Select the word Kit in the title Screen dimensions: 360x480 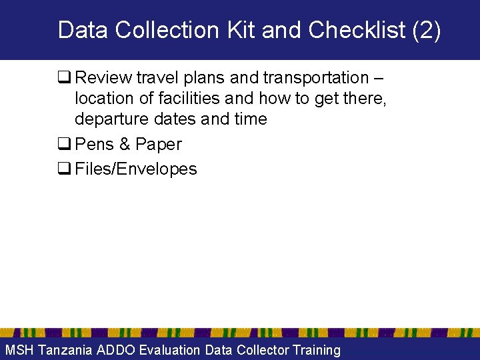click(x=240, y=31)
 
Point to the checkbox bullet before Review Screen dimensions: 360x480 click(x=65, y=78)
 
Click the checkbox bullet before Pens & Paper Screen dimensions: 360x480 click(x=65, y=145)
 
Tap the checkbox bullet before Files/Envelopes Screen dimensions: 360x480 click(x=65, y=169)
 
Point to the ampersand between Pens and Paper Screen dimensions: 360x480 click(x=124, y=145)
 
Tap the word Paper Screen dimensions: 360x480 click(x=158, y=145)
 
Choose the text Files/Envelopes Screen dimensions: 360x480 click(x=136, y=169)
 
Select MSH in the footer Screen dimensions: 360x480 click(x=19, y=350)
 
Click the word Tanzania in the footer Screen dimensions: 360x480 click(x=65, y=350)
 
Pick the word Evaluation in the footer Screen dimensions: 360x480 click(x=169, y=350)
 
